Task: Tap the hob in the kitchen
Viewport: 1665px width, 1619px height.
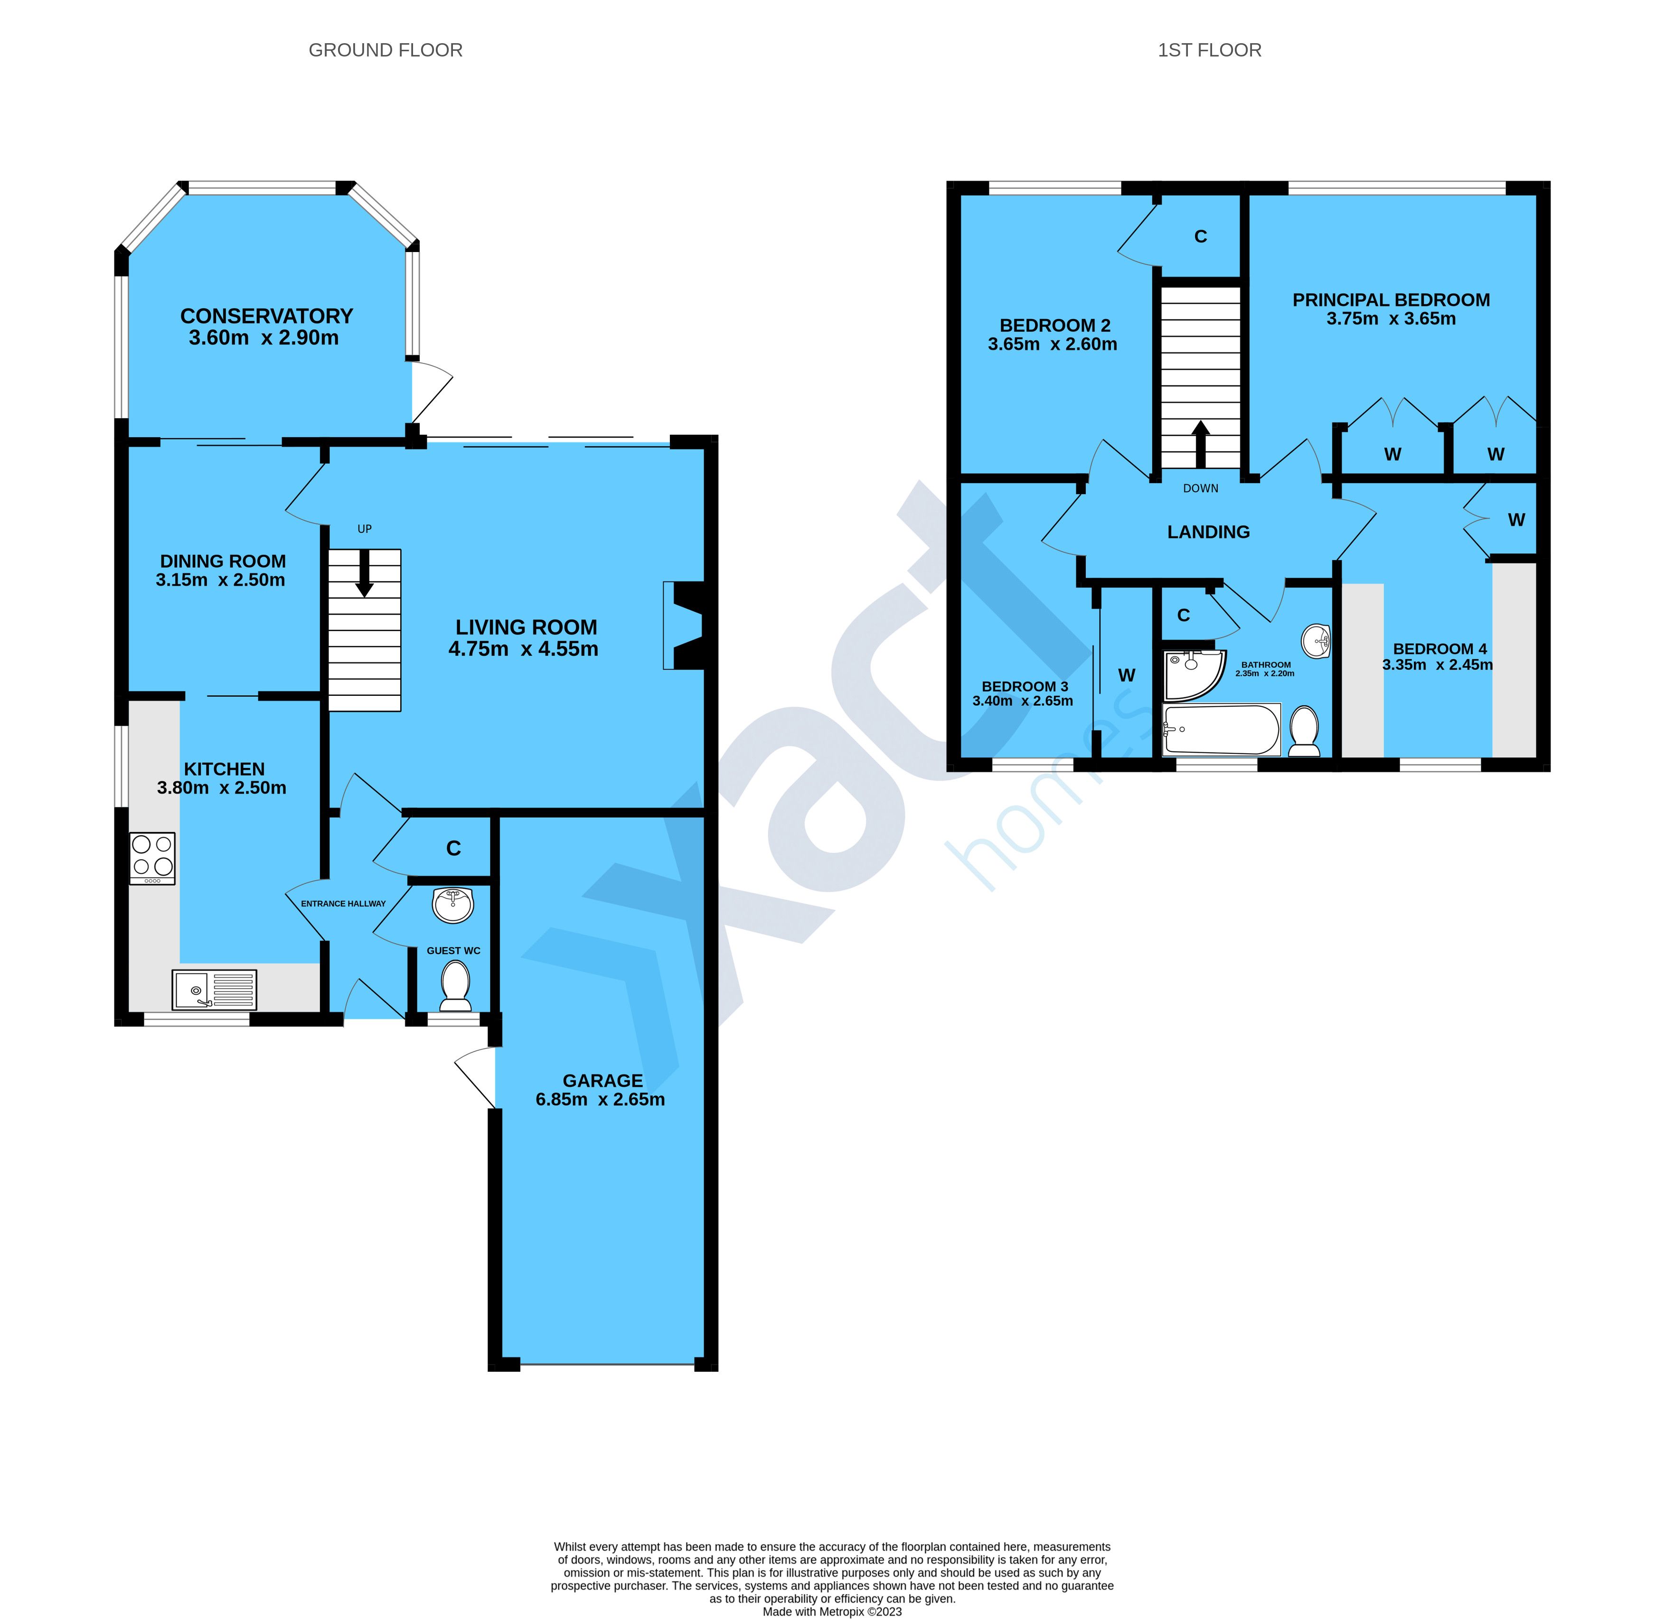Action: coord(152,858)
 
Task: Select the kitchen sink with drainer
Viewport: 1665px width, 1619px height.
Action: coord(214,990)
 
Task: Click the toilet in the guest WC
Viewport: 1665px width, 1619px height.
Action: coord(456,985)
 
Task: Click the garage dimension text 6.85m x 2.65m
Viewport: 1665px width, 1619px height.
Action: coord(601,1099)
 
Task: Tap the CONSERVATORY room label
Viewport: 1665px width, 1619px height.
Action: coord(266,316)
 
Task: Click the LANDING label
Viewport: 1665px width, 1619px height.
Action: coord(1208,532)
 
